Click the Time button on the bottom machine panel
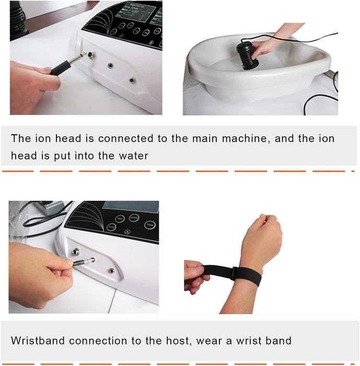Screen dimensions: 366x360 149,225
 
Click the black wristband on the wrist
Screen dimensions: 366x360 233,273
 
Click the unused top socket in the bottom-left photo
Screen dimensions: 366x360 77,251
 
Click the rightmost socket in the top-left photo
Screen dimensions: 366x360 132,81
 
